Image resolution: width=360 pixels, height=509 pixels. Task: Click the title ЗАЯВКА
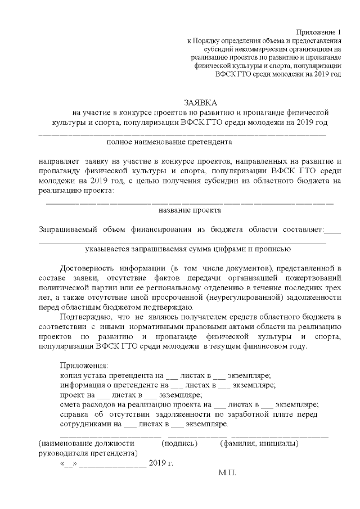click(199, 102)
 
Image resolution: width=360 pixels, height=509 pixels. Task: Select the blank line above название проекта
click(189, 201)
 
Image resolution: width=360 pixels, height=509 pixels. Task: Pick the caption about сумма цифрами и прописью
click(188, 247)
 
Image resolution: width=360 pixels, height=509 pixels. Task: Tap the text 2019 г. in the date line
click(161, 463)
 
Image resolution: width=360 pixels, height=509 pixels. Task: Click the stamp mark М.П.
click(227, 474)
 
